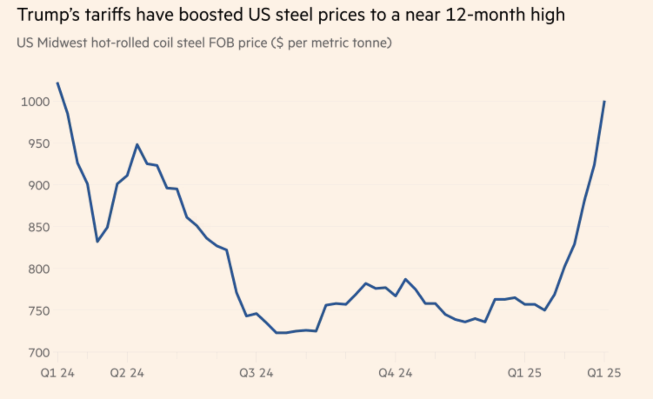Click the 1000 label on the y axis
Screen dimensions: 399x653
point(35,102)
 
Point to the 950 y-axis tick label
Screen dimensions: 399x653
point(38,143)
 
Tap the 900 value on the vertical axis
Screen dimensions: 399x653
point(38,185)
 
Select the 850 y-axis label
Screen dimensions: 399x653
point(38,227)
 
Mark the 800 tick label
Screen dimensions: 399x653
point(38,269)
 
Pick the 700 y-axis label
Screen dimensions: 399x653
point(38,352)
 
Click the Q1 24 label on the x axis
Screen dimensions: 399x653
point(57,373)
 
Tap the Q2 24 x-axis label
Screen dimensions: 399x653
point(127,373)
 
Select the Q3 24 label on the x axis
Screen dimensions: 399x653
point(257,373)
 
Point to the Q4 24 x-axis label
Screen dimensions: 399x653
point(395,373)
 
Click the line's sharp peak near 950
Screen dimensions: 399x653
point(137,144)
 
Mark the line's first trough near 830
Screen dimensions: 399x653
point(97,242)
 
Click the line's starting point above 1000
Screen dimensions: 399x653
point(57,82)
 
